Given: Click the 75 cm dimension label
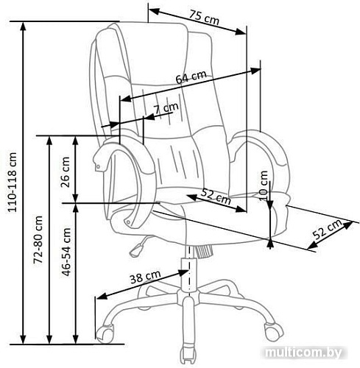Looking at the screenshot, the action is point(204,18).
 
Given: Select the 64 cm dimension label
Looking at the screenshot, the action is point(191,77).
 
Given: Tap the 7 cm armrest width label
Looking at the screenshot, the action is point(166,109).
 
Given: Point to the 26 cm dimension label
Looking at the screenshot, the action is point(66,172).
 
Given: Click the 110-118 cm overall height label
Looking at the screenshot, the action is point(13,183).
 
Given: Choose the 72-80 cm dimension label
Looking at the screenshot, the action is point(38,240).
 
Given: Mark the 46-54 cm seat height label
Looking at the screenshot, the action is point(66,252).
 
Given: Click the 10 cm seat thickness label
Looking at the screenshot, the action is point(264,185).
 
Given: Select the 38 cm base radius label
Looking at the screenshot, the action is point(145,277).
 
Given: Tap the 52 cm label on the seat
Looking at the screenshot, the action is point(216,197).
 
